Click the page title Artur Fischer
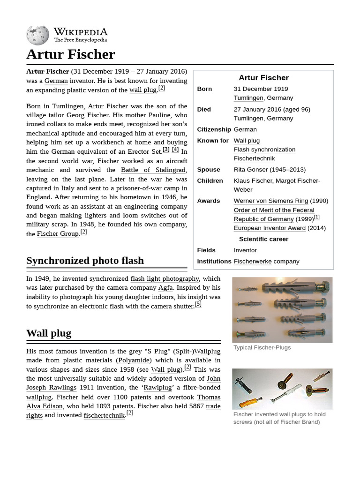(x=70, y=54)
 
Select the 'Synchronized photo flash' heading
(x=85, y=261)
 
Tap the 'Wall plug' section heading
(x=49, y=333)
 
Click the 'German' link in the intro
(x=56, y=81)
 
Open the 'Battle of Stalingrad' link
(x=153, y=170)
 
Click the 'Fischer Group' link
(x=58, y=233)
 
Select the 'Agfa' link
(x=165, y=288)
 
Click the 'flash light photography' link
(x=165, y=279)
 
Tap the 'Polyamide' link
(x=134, y=360)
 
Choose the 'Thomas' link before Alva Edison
(x=209, y=397)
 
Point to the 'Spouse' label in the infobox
(x=209, y=170)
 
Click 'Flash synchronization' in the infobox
(x=264, y=150)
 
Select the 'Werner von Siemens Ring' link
(x=270, y=201)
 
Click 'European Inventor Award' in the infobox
(x=270, y=228)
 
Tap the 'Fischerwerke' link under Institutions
(x=253, y=261)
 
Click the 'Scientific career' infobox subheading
(x=263, y=239)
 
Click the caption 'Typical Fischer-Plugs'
(x=262, y=347)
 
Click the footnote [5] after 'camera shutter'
(x=198, y=304)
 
